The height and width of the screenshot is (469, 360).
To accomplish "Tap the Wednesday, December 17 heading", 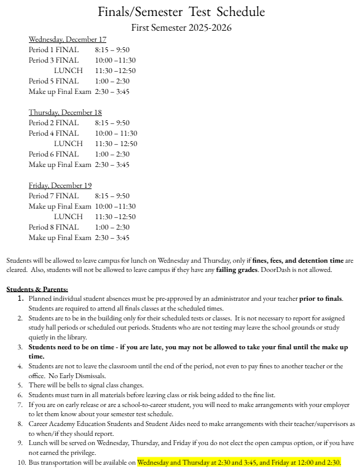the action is pyautogui.click(x=68, y=39).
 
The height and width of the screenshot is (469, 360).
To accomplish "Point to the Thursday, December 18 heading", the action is pyautogui.click(x=65, y=112).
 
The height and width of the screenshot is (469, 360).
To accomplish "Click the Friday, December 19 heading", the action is pyautogui.click(x=60, y=185).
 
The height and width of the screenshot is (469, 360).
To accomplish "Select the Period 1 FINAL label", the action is pyautogui.click(x=54, y=50).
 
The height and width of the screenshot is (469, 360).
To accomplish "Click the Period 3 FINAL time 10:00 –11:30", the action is pyautogui.click(x=115, y=60).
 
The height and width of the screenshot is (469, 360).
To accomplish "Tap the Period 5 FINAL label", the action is pyautogui.click(x=54, y=81).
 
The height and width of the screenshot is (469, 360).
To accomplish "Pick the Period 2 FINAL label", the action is pyautogui.click(x=54, y=123).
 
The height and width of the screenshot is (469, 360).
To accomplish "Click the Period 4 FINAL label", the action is pyautogui.click(x=54, y=133).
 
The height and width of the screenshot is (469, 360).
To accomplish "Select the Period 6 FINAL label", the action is pyautogui.click(x=54, y=154).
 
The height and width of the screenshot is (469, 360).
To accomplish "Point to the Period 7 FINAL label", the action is pyautogui.click(x=54, y=196).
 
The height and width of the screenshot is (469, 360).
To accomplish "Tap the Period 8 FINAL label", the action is pyautogui.click(x=54, y=227).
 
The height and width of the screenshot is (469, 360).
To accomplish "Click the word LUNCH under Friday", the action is pyautogui.click(x=68, y=217).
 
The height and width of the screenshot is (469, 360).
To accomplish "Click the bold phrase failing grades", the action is pyautogui.click(x=225, y=270).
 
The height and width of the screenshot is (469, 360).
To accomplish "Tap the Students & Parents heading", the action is pyautogui.click(x=37, y=289).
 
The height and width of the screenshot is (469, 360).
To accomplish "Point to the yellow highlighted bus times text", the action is pyautogui.click(x=240, y=462).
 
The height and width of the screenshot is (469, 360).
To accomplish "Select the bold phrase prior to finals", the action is pyautogui.click(x=321, y=299).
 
